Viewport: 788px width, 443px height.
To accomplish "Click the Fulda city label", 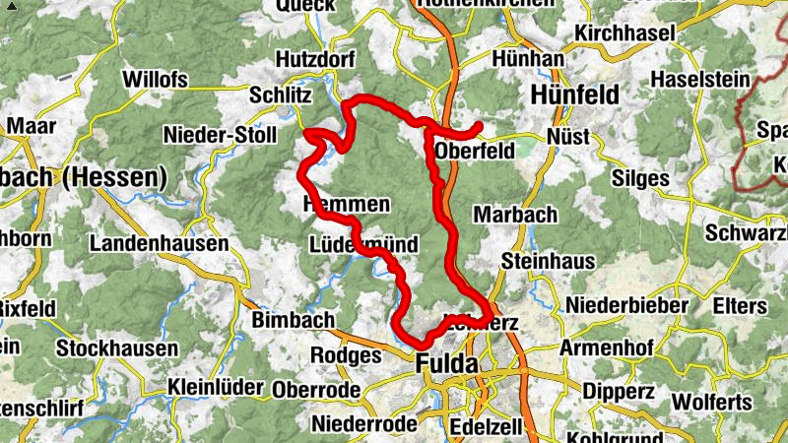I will pos(447,363).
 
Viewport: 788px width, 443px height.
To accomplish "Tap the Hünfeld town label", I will pos(574,95).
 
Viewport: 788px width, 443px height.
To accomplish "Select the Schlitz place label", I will pos(281,95).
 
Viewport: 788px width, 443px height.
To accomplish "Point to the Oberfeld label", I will pos(475,152).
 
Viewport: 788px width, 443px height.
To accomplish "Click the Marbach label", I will pos(515,214).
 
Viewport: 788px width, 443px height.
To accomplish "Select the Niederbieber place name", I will pos(625,305).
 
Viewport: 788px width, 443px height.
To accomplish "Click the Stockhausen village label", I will pos(117,348).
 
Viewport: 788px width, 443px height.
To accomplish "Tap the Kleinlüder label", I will pos(216,387).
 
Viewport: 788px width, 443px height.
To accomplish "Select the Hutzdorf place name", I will pos(315,59).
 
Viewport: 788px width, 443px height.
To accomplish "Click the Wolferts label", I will pos(711,403).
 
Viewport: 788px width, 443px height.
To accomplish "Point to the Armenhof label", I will pos(608,348).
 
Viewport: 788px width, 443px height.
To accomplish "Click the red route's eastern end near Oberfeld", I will pos(479,126).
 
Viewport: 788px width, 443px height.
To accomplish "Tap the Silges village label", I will pos(640,179).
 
